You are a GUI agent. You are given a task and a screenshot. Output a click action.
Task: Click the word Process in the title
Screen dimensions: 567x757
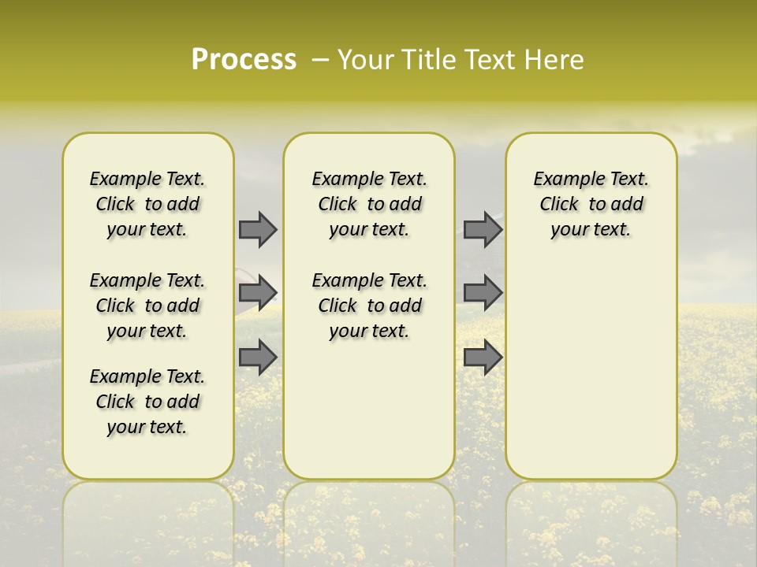244,60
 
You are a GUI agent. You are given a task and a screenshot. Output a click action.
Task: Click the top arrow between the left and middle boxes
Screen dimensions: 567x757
258,229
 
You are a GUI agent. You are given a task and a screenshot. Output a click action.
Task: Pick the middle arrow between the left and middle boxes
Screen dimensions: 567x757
258,293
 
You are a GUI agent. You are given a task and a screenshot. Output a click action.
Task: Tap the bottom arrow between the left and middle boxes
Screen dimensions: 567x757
258,357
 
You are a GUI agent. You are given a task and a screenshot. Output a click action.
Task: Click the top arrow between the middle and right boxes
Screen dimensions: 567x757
483,229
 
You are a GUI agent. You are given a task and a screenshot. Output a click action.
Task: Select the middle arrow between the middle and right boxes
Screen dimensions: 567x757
483,293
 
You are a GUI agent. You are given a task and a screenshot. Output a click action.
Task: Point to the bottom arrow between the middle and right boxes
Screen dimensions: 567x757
483,357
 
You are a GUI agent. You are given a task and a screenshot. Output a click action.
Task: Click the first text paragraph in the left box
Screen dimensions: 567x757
147,204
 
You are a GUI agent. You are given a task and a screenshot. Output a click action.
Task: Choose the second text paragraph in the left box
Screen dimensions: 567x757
147,306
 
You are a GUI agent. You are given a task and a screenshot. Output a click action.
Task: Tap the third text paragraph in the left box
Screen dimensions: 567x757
147,402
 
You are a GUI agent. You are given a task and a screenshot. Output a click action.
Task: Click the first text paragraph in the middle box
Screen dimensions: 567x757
370,204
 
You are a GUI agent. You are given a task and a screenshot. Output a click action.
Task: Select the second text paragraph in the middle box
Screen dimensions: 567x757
370,306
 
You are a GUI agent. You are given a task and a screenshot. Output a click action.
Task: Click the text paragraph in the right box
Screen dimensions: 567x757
591,204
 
